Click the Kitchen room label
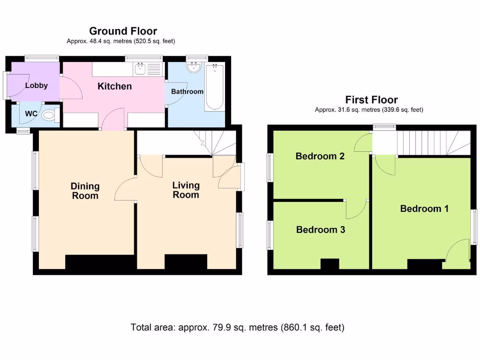pos(114,86)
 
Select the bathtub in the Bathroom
pos(215,87)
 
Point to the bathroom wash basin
pos(194,67)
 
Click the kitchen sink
pos(140,69)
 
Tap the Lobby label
pos(37,85)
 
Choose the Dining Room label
pos(85,191)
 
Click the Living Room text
pos(186,190)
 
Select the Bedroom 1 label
pos(424,209)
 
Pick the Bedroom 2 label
pos(320,156)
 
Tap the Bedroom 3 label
pos(321,230)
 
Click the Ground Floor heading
pos(123,31)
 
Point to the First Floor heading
pos(371,100)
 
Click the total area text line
pos(238,327)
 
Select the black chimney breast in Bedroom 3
pos(330,264)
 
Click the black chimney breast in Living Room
pos(186,262)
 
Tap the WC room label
pos(31,114)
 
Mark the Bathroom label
pos(187,91)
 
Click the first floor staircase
pos(434,143)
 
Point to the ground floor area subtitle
pos(121,41)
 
